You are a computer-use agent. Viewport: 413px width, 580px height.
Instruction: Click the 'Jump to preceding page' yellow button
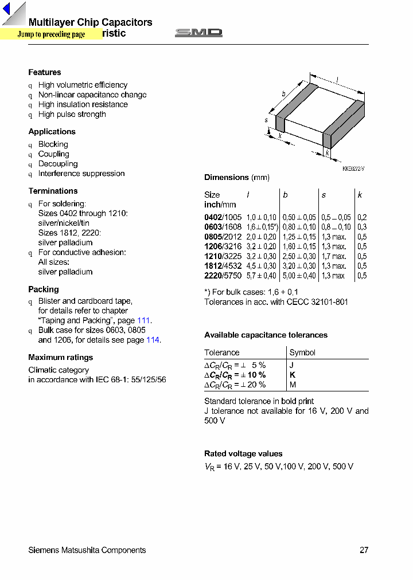click(51, 34)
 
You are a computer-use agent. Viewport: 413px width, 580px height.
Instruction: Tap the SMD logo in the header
click(198, 33)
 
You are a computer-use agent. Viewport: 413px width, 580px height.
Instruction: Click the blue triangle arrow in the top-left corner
click(7, 10)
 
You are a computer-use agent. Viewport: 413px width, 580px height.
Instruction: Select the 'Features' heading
click(45, 72)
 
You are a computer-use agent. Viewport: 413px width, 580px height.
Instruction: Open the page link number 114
click(153, 340)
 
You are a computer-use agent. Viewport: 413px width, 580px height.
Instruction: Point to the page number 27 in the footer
click(364, 550)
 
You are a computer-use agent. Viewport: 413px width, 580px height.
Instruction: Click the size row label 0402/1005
click(223, 218)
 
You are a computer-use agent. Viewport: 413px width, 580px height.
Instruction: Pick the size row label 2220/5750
click(223, 276)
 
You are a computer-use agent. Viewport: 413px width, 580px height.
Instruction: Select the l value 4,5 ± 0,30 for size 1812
click(261, 267)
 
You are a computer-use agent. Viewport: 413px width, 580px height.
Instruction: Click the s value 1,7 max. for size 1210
click(334, 257)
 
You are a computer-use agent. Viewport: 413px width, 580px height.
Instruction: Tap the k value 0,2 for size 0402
click(362, 218)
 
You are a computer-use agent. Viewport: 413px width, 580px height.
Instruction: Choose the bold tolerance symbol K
click(293, 375)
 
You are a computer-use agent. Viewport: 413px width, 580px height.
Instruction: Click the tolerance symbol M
click(293, 385)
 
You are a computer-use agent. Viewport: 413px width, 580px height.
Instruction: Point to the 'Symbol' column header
click(302, 353)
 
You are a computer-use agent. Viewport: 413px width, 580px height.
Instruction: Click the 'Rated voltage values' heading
click(243, 454)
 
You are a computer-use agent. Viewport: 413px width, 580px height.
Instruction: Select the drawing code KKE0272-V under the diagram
click(353, 168)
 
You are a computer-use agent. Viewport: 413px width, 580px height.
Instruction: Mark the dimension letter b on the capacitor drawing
click(283, 94)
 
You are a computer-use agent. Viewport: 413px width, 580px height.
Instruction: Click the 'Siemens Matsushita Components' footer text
click(87, 550)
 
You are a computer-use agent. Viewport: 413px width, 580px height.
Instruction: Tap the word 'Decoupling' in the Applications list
click(57, 164)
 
